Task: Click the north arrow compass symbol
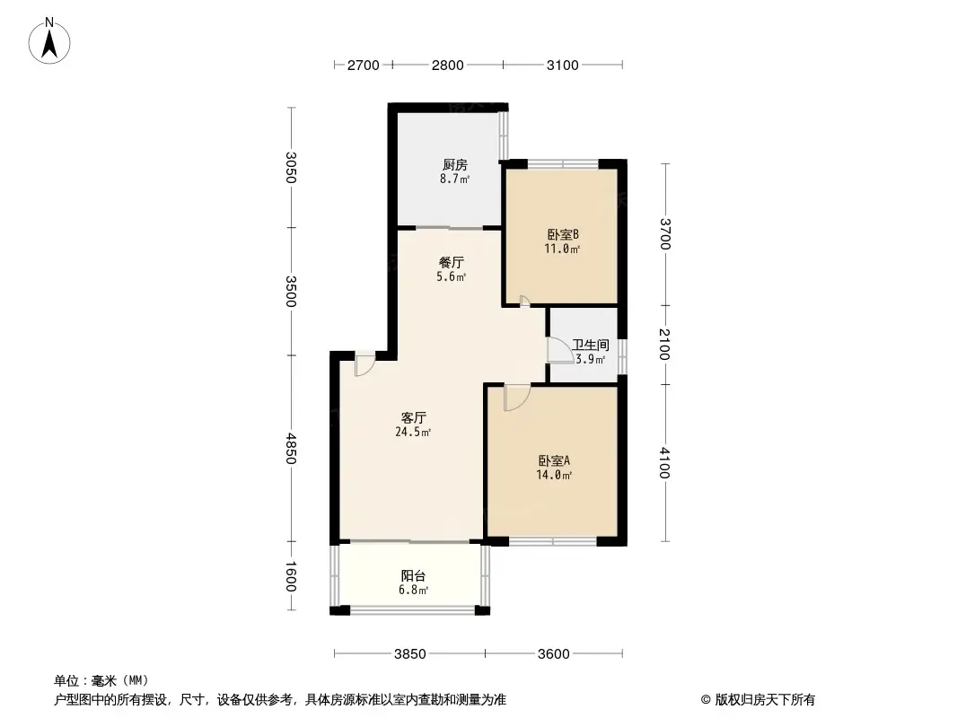pos(49,41)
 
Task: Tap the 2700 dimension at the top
pos(364,66)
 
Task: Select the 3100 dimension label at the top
pos(562,66)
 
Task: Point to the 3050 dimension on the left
pos(291,167)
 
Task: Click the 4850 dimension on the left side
pos(291,449)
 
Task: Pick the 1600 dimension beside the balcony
pos(291,576)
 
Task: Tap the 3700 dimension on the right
pos(664,234)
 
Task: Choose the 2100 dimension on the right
pos(664,345)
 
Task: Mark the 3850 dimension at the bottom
pos(409,654)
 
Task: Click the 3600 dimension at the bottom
pos(554,654)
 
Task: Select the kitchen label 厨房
pos(454,165)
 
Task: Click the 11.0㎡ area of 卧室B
pos(562,249)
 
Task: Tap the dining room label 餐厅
pos(451,262)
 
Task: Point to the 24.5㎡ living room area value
pos(413,433)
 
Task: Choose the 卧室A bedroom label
pos(554,460)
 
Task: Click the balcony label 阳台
pos(413,575)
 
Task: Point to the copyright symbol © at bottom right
pos(706,700)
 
